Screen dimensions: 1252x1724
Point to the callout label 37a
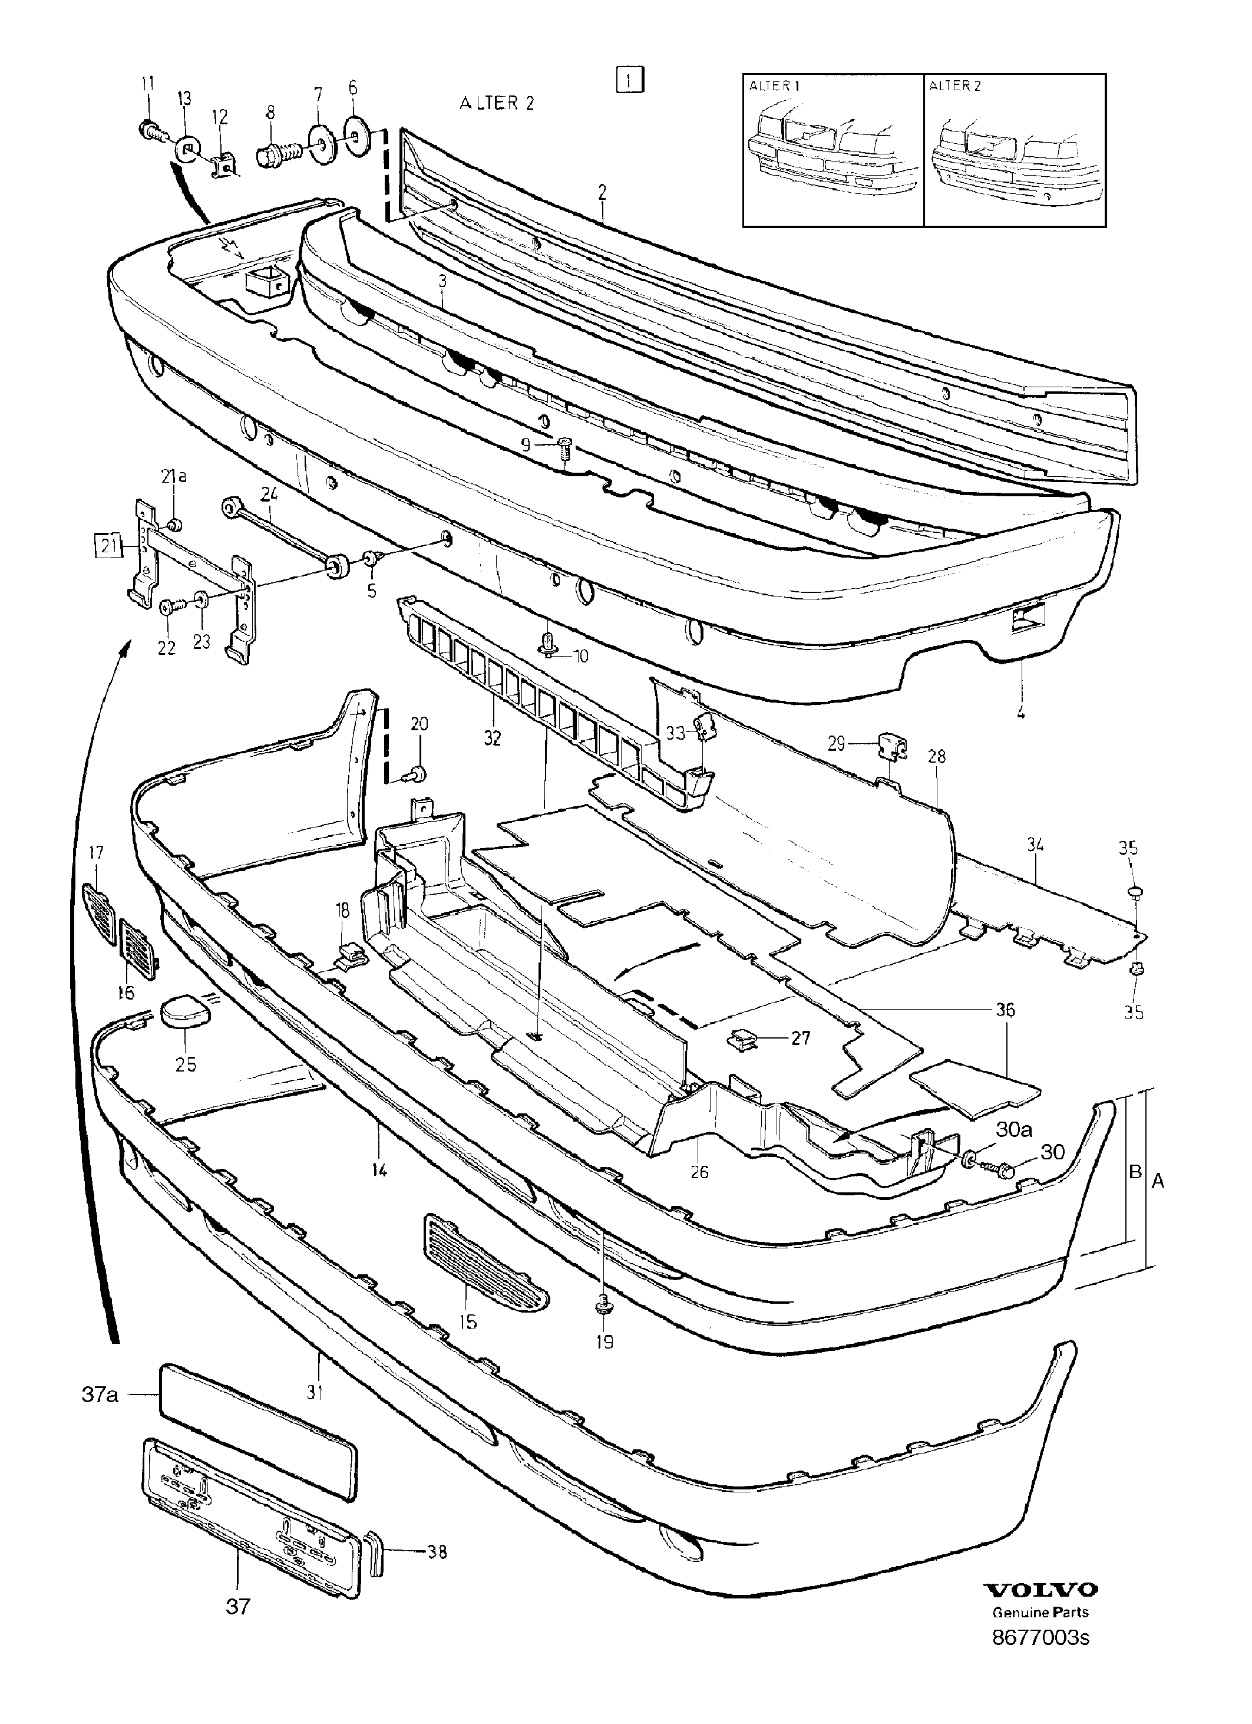click(100, 1396)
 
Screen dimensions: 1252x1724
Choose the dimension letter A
click(1158, 1181)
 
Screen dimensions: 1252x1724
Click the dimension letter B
click(1135, 1171)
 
